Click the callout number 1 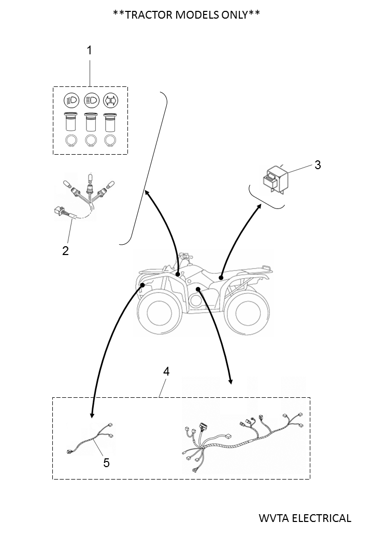[89, 50]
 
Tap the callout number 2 [65, 250]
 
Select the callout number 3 [318, 165]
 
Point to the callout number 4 [166, 371]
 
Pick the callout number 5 [106, 462]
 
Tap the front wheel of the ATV [159, 311]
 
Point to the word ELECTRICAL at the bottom [321, 518]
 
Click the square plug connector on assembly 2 [59, 211]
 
